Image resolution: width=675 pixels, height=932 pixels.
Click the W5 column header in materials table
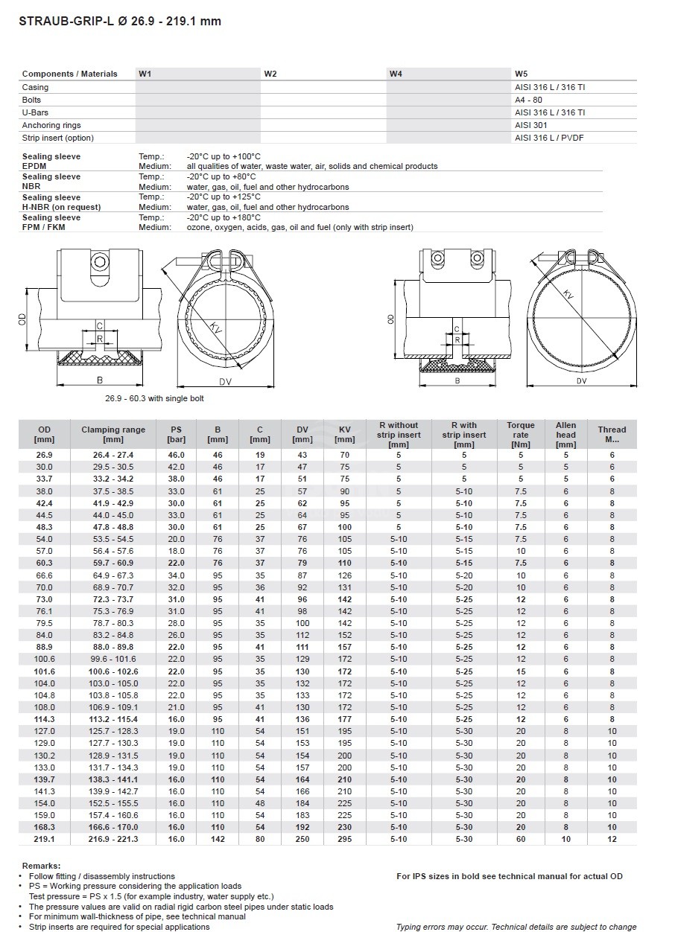[521, 74]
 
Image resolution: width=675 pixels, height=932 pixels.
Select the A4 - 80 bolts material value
[528, 100]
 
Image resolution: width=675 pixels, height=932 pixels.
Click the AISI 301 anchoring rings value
[530, 125]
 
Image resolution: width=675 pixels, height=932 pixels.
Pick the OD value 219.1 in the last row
[45, 839]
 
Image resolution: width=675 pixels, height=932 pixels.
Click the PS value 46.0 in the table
[176, 454]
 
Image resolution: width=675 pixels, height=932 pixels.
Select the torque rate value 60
[521, 839]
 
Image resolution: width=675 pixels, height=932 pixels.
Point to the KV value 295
[345, 839]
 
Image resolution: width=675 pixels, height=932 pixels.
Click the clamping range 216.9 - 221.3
[113, 839]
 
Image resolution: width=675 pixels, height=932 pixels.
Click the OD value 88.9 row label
[45, 647]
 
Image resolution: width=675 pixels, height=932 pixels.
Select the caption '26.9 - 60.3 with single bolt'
[154, 398]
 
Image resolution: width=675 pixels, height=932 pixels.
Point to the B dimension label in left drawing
[99, 378]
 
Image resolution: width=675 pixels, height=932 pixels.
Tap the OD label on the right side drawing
[392, 319]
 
